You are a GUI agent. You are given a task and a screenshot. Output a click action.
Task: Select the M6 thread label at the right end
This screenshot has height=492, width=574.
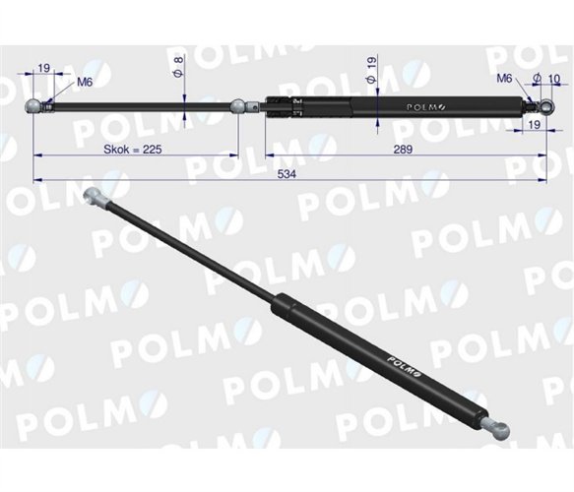coord(504,78)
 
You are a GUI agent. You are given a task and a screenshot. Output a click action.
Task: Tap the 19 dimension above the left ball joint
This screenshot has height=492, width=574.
coord(44,67)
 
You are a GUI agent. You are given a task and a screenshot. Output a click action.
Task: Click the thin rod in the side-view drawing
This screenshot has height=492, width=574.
coord(138,104)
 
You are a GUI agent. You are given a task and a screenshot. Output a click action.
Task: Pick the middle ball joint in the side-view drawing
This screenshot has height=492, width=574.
coord(239,103)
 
